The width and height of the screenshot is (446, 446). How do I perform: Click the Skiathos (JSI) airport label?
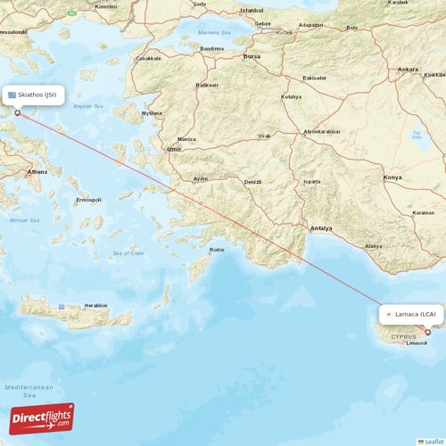click(35, 95)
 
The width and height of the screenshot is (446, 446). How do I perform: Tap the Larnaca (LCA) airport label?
click(410, 314)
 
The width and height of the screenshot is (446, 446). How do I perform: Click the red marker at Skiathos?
click(17, 113)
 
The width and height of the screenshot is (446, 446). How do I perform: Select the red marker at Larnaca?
click(427, 333)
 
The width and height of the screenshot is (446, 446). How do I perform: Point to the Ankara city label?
click(408, 69)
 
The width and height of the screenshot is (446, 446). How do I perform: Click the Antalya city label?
click(320, 228)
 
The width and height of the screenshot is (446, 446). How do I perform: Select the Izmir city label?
click(173, 149)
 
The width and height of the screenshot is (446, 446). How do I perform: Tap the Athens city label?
click(37, 170)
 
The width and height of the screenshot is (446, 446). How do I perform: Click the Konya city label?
click(392, 178)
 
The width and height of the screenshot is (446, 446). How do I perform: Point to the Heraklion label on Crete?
click(95, 305)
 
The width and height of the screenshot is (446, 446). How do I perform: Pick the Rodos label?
click(217, 250)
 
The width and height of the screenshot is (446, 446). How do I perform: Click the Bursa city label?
click(252, 55)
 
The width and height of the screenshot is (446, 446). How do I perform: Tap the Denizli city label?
click(253, 182)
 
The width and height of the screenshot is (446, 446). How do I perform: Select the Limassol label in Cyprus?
click(416, 343)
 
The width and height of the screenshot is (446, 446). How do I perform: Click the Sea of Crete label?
click(128, 253)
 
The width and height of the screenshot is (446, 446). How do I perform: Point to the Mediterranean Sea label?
click(29, 391)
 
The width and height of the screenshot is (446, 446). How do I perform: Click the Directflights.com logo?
click(42, 418)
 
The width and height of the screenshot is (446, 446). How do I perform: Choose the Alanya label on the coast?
click(374, 246)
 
